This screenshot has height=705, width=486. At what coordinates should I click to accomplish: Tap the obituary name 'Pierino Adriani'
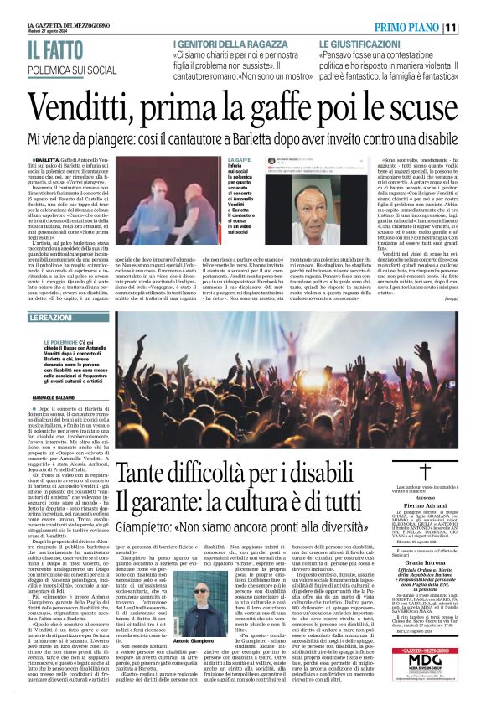[425, 506]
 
